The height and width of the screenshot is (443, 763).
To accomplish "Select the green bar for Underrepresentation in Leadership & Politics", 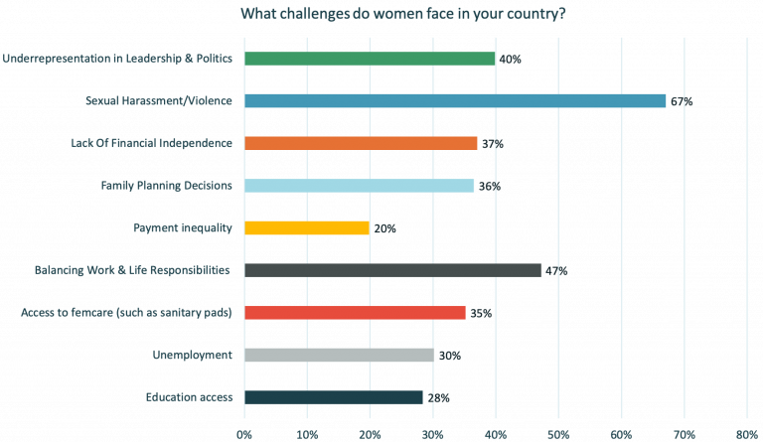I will (370, 59).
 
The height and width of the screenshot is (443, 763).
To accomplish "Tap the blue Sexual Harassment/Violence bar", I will (455, 100).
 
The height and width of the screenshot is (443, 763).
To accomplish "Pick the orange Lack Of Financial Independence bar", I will (361, 143).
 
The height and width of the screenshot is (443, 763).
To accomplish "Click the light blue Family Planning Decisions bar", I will (359, 186).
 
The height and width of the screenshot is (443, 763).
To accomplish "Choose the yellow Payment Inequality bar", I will (307, 228).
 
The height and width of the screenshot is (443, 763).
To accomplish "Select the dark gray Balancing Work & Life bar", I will (393, 270).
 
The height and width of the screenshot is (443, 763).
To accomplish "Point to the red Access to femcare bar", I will (355, 313).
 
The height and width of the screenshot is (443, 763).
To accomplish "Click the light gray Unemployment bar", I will (339, 356).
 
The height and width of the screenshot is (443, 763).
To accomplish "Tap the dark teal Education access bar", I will (333, 397).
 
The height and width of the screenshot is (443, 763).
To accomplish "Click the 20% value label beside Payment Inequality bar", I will (385, 228).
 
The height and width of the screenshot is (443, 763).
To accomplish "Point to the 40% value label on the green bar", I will (511, 59).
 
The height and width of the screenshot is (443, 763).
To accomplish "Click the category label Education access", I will (189, 397).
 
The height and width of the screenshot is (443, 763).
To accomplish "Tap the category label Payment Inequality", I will (182, 228).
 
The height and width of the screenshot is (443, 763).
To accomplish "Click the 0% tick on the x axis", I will (244, 433).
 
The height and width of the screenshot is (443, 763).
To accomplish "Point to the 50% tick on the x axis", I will (558, 433).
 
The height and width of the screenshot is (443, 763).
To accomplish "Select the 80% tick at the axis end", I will (747, 433).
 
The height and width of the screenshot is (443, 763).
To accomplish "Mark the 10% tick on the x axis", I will (307, 433).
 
